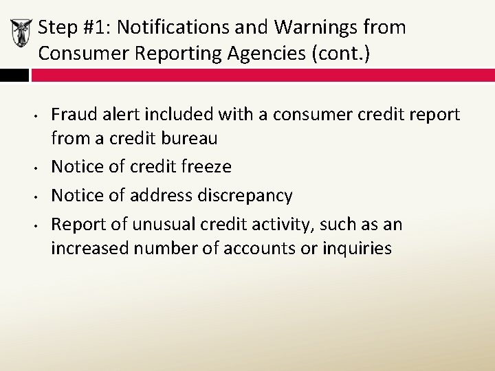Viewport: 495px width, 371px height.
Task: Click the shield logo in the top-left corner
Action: click(21, 33)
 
